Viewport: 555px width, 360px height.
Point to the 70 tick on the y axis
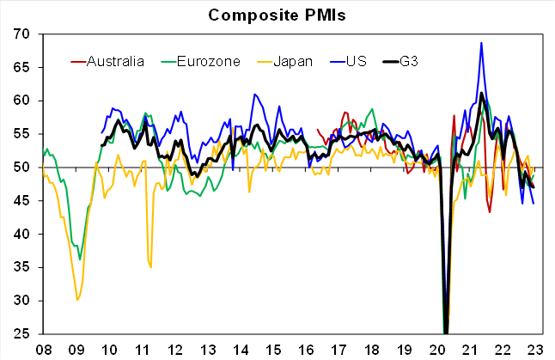pos(21,34)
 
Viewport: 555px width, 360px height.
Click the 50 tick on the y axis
pos(21,168)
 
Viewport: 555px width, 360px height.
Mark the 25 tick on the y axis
pos(21,333)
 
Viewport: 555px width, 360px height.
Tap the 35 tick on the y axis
pos(21,267)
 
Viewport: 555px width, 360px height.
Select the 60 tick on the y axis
pos(21,101)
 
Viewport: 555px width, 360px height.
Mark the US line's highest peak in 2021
pos(481,42)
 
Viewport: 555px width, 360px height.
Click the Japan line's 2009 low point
pos(78,299)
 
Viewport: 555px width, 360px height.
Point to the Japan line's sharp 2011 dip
pos(150,267)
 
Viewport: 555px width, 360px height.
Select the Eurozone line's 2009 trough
pos(80,259)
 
